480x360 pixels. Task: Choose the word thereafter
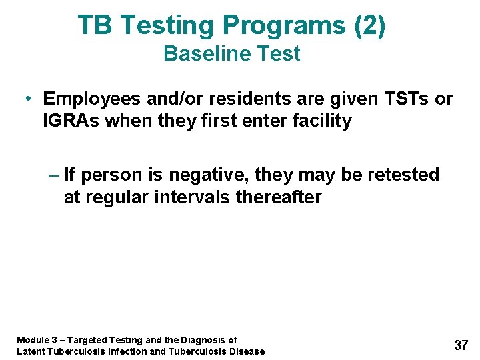click(x=279, y=197)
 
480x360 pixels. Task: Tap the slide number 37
click(x=461, y=345)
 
